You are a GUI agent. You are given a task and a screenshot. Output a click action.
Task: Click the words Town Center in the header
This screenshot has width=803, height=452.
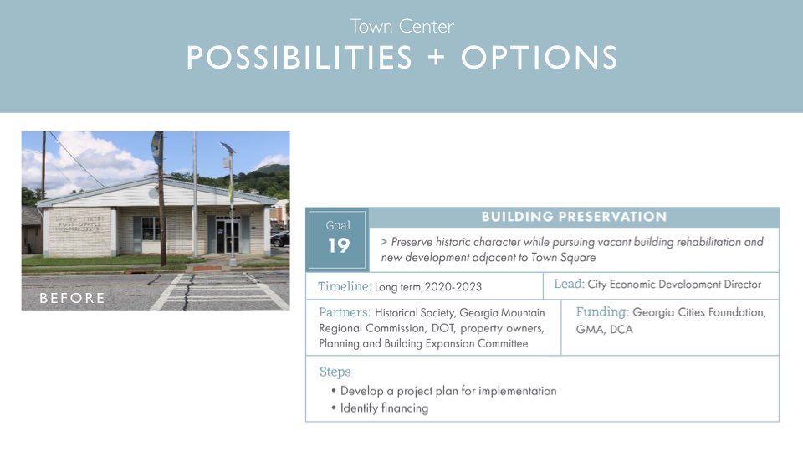[402, 26]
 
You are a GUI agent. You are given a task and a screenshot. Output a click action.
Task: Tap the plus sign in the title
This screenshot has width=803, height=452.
[437, 56]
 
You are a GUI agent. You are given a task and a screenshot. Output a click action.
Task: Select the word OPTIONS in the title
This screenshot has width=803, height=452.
[540, 57]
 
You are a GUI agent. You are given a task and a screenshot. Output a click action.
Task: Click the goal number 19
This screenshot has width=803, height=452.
[339, 245]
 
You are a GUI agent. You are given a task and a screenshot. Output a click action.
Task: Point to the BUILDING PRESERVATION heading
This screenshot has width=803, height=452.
[574, 217]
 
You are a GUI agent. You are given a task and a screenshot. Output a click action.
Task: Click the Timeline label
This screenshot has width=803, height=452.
[344, 286]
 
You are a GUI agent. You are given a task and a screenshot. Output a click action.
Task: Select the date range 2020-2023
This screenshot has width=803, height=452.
[453, 287]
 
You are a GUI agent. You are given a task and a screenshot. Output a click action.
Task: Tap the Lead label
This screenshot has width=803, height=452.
[569, 284]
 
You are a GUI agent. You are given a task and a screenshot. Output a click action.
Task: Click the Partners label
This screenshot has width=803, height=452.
[344, 312]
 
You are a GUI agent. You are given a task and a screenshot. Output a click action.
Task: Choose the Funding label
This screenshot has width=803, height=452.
[602, 311]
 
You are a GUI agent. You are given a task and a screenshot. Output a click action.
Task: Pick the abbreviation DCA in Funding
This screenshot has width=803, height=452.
[621, 330]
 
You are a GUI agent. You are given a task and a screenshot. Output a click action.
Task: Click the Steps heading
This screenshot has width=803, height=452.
[335, 372]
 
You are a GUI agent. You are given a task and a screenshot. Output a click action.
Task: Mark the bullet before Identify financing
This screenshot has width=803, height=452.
[334, 408]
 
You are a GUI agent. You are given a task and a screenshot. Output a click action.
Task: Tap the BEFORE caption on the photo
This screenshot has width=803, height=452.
[72, 298]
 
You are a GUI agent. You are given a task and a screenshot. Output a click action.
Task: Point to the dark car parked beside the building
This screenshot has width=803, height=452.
[280, 239]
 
